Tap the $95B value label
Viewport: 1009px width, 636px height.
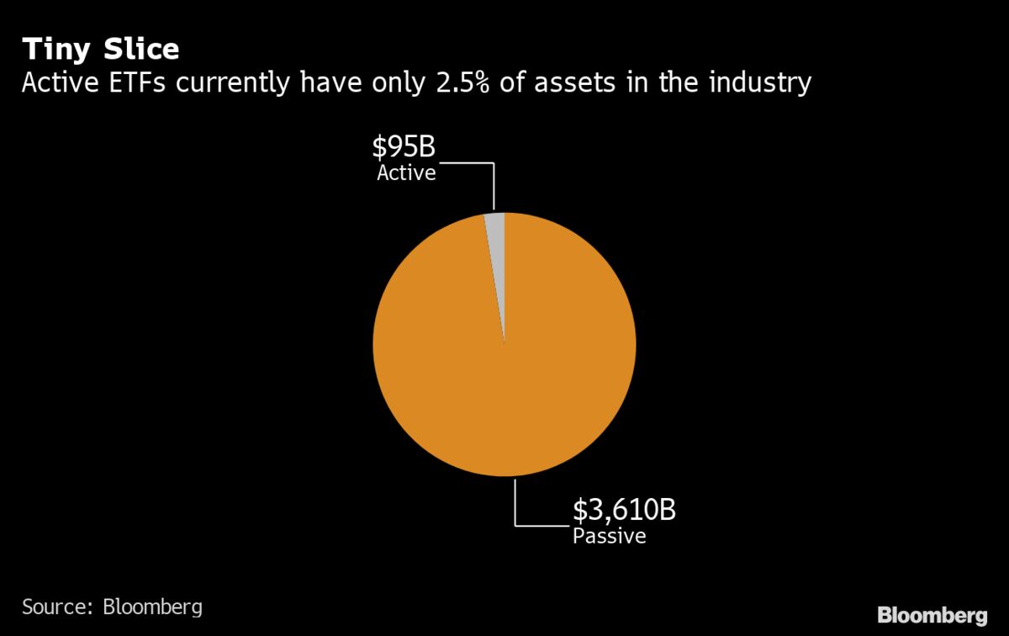pos(404,148)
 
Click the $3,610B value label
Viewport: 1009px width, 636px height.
pos(624,510)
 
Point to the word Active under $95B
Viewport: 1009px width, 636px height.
pos(406,174)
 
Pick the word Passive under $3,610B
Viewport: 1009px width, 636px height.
pos(610,536)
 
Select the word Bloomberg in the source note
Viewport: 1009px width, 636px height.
pos(152,607)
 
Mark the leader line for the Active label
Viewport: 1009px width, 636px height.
pos(494,185)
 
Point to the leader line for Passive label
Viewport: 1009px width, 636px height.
pos(515,505)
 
